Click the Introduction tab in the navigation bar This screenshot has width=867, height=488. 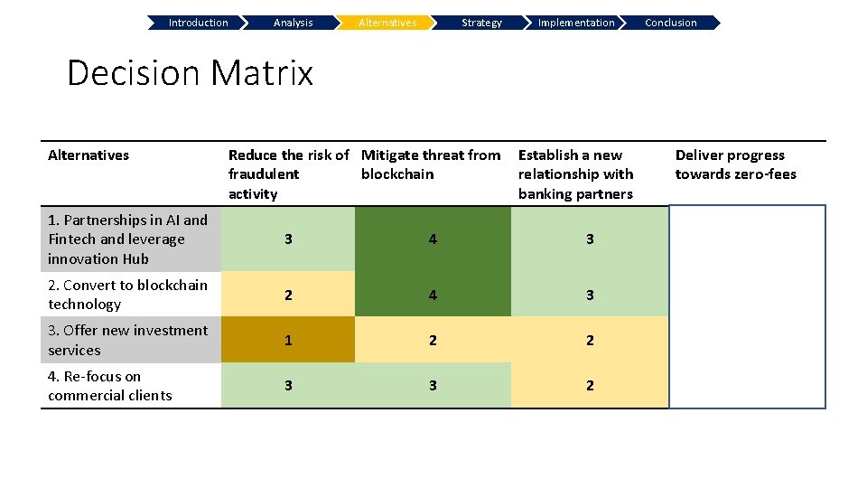click(x=198, y=23)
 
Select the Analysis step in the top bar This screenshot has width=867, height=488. click(x=293, y=23)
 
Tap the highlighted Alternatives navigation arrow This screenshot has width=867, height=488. click(x=387, y=23)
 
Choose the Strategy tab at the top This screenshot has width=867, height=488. click(x=481, y=23)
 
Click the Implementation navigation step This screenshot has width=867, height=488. click(x=575, y=23)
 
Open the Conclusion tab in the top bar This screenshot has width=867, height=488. click(x=671, y=23)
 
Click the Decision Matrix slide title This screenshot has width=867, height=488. click(x=190, y=72)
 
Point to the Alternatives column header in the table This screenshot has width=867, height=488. click(x=89, y=155)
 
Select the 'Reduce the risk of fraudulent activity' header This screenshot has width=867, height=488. click(x=288, y=174)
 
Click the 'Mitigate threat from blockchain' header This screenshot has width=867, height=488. click(x=431, y=164)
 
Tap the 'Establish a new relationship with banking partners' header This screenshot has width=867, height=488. click(x=576, y=174)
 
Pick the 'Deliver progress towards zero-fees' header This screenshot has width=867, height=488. click(x=736, y=164)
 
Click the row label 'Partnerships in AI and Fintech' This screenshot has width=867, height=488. click(x=127, y=239)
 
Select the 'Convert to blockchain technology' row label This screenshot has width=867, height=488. click(x=127, y=295)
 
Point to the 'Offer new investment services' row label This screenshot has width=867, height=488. click(x=127, y=340)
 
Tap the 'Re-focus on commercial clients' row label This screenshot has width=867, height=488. click(x=109, y=386)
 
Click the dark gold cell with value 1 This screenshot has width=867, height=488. click(x=288, y=340)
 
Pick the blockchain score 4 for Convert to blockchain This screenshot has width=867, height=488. click(x=433, y=295)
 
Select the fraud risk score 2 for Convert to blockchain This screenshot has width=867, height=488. click(x=288, y=295)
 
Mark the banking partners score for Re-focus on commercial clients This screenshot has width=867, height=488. click(x=590, y=386)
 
